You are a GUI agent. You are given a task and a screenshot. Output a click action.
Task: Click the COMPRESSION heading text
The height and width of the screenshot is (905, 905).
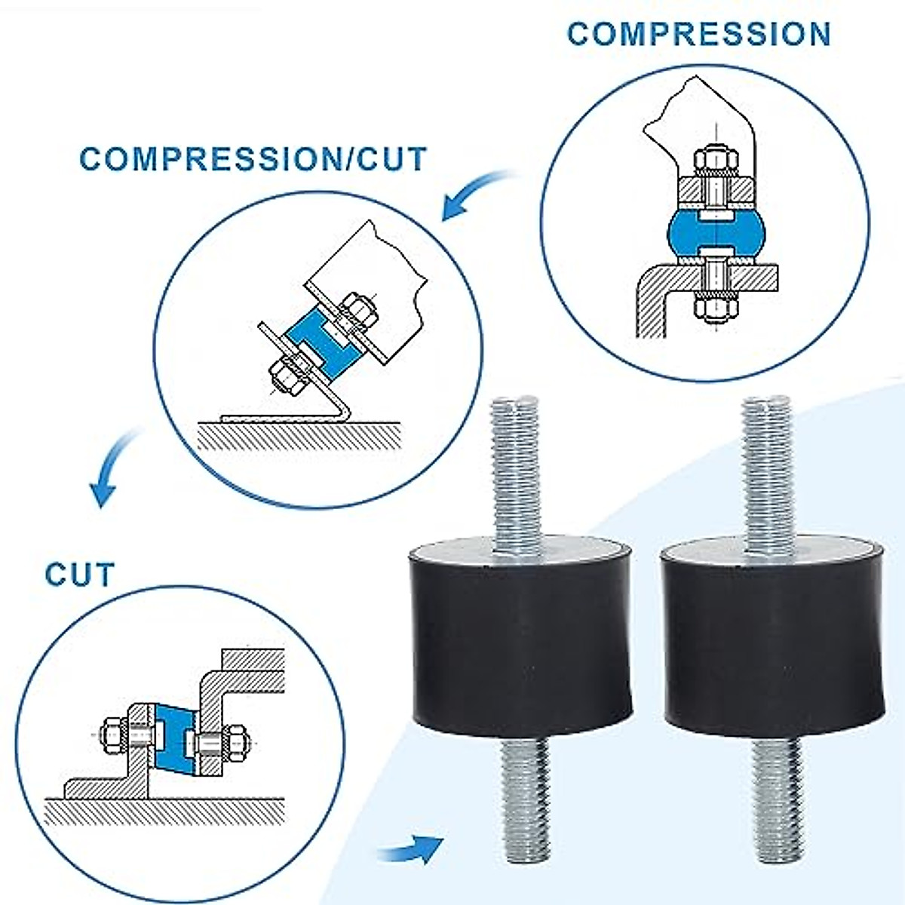(699, 34)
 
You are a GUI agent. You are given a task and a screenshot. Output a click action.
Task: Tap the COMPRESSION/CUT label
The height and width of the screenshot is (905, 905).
(253, 158)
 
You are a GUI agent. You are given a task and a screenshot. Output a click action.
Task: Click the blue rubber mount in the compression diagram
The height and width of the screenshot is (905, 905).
(716, 232)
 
